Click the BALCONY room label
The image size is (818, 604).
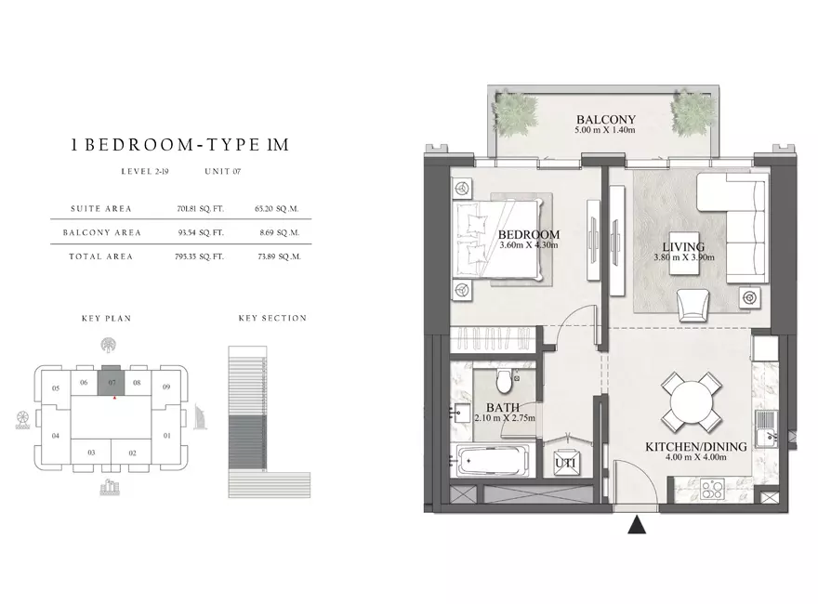click(606, 120)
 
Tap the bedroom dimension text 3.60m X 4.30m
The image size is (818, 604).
click(529, 245)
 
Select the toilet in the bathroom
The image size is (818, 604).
click(505, 381)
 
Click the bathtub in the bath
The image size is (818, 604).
click(493, 461)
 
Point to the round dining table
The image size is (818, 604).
click(692, 402)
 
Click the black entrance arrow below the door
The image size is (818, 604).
click(637, 525)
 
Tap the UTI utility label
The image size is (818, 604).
click(565, 463)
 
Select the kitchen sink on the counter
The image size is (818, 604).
click(765, 428)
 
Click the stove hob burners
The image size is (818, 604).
click(712, 491)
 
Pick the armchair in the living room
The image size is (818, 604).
click(693, 306)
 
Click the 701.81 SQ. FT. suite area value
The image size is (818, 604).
click(201, 209)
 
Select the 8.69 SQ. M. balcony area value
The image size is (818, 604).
click(280, 232)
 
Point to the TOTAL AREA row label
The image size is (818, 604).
click(100, 256)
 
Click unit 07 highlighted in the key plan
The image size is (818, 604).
click(112, 382)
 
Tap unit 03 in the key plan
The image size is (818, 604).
click(91, 453)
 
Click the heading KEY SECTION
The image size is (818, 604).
click(273, 318)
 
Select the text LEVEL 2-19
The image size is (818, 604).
click(145, 171)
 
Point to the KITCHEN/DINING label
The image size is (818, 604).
click(696, 446)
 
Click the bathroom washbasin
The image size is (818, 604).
click(458, 414)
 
